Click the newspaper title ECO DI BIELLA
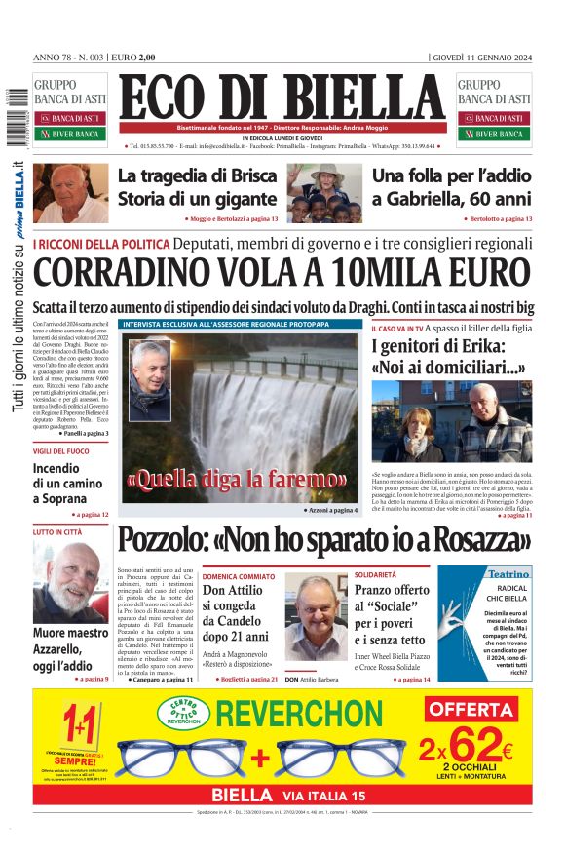click(x=282, y=98)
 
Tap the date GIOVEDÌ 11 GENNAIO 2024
click(x=481, y=58)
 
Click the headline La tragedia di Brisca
click(x=198, y=176)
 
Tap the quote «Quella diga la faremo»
click(x=236, y=479)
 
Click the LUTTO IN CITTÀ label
click(x=57, y=532)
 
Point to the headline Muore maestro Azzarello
click(x=70, y=646)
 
